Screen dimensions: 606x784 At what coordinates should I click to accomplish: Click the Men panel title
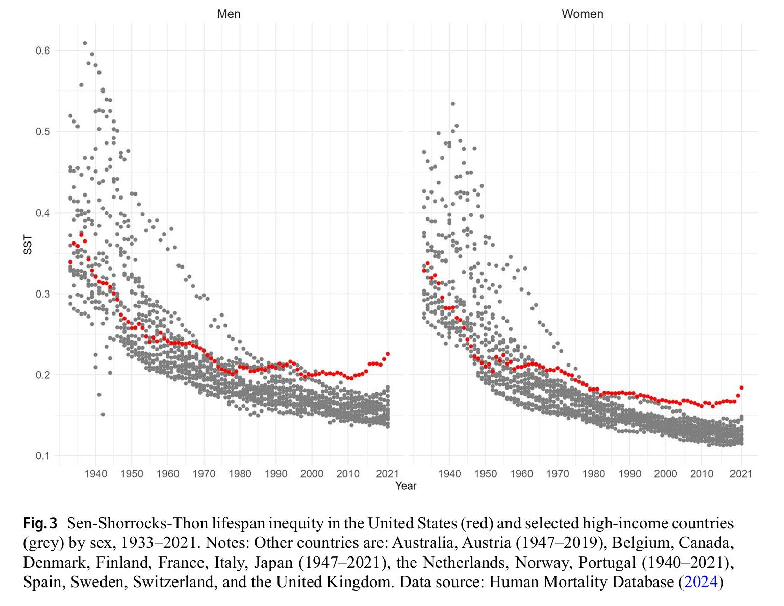click(229, 14)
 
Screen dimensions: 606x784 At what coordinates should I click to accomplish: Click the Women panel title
click(582, 14)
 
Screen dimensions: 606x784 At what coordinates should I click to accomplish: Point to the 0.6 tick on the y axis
click(43, 51)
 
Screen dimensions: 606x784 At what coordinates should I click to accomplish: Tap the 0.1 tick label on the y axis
click(43, 456)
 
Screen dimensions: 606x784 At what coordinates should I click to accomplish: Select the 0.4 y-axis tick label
click(43, 213)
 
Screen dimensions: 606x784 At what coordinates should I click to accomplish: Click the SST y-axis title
click(28, 245)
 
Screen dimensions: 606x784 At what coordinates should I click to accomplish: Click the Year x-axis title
click(406, 486)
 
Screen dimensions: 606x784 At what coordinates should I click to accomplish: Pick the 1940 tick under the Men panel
click(96, 474)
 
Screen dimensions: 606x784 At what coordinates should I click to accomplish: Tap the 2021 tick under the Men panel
click(387, 474)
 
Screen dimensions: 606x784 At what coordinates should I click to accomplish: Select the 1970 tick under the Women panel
click(558, 474)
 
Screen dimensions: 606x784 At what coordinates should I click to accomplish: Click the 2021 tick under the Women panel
click(741, 474)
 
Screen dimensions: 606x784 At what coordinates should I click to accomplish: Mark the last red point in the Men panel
click(388, 354)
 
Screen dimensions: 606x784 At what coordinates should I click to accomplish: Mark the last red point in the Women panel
click(741, 387)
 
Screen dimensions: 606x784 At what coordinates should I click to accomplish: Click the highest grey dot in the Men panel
click(85, 43)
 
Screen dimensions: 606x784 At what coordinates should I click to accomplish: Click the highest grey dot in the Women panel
click(452, 104)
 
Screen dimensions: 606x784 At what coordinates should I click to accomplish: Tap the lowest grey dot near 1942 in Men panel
click(103, 414)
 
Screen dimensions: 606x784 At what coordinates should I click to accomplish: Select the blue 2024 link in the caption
click(701, 582)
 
